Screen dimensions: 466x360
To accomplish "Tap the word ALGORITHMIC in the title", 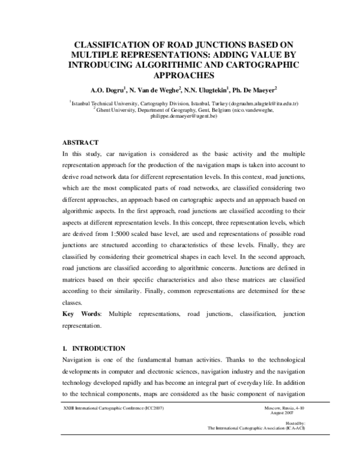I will pos(169,65).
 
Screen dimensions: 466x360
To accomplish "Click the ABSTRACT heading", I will pos(80,142).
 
